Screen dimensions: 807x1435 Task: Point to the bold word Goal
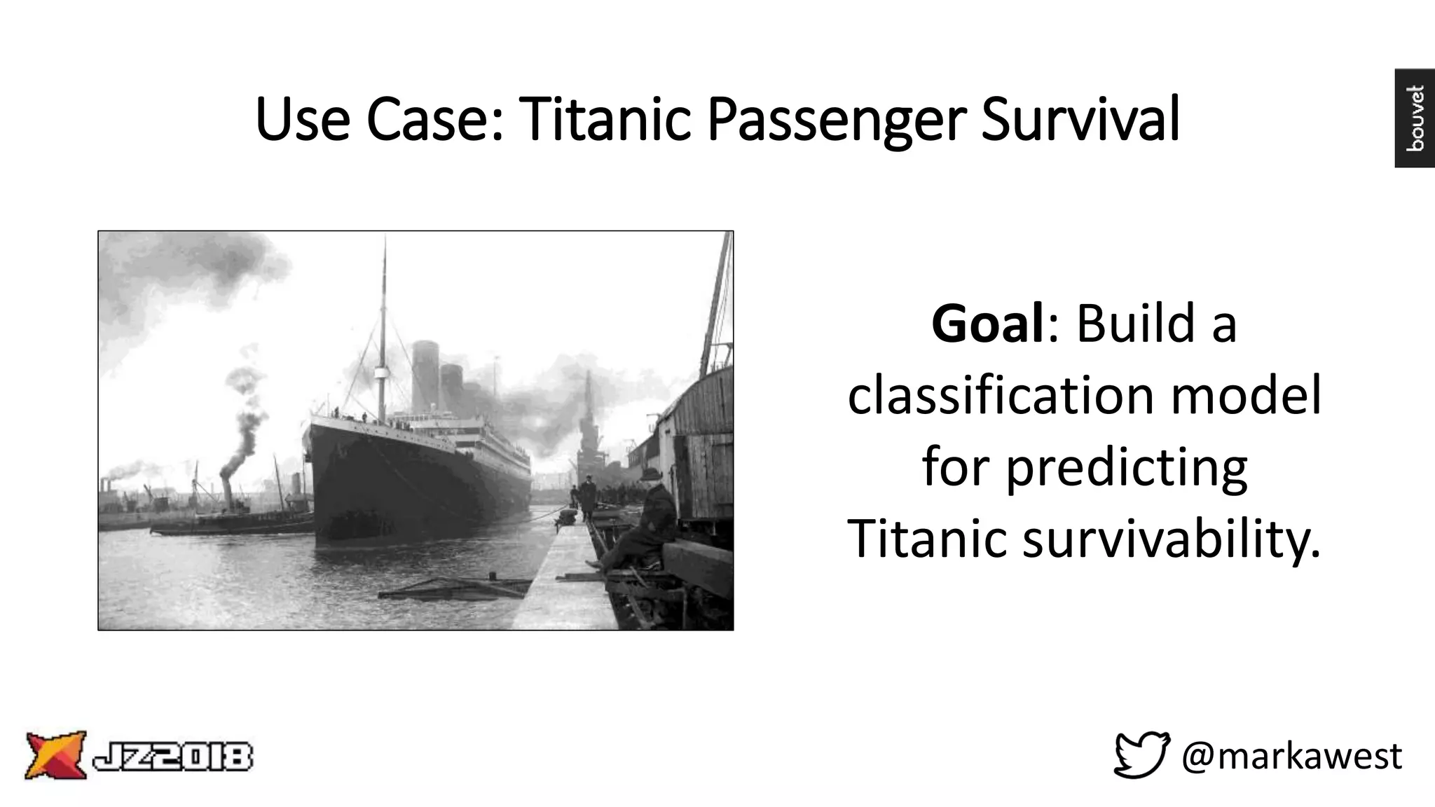click(x=988, y=324)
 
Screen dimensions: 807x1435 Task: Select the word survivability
click(x=1171, y=539)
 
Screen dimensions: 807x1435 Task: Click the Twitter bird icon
click(x=1141, y=754)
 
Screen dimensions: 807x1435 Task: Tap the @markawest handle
click(x=1291, y=756)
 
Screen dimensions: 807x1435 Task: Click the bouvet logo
click(x=1414, y=118)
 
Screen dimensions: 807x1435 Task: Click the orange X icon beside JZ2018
click(x=55, y=754)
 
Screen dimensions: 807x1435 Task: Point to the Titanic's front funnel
click(x=425, y=375)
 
